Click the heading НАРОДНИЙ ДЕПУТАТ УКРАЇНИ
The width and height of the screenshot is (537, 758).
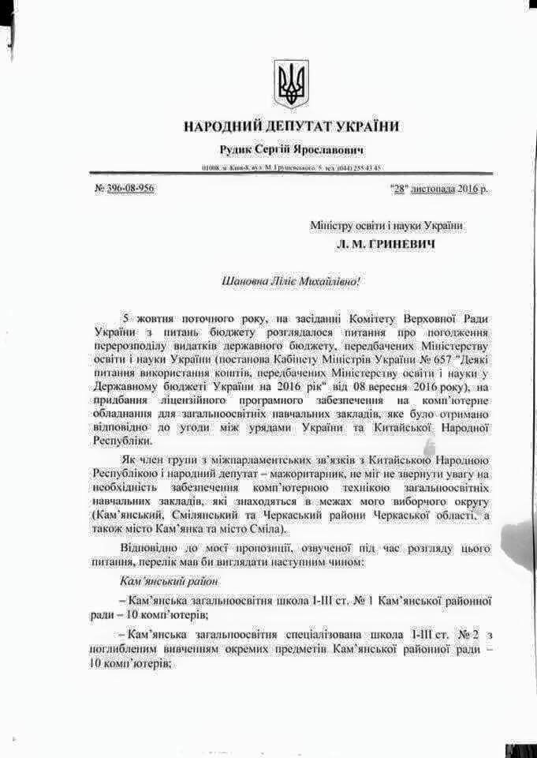coord(292,126)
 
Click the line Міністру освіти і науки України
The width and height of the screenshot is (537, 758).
coord(386,226)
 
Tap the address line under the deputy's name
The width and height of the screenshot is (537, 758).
coord(292,168)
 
